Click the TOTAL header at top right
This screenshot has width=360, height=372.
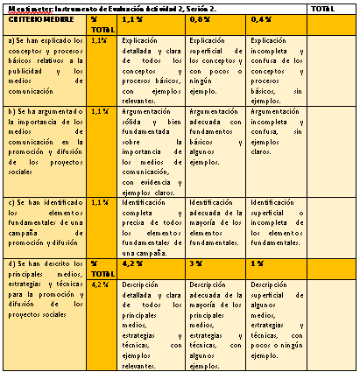(323, 8)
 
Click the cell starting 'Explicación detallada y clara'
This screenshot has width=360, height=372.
(152, 70)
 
